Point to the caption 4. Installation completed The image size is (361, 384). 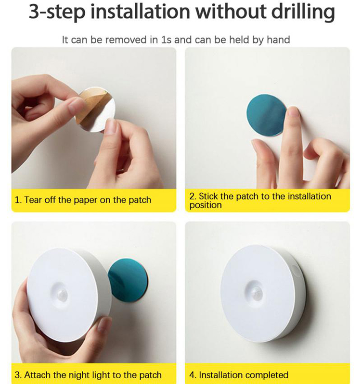pyautogui.click(x=239, y=375)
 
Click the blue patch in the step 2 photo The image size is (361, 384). pyautogui.click(x=267, y=115)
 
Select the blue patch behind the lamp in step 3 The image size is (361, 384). pyautogui.click(x=129, y=280)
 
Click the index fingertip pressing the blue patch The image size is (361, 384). pyautogui.click(x=293, y=112)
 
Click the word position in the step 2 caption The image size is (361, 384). pyautogui.click(x=206, y=205)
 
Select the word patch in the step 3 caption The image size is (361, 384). pyautogui.click(x=151, y=375)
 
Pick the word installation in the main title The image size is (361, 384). pyautogui.click(x=141, y=12)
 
